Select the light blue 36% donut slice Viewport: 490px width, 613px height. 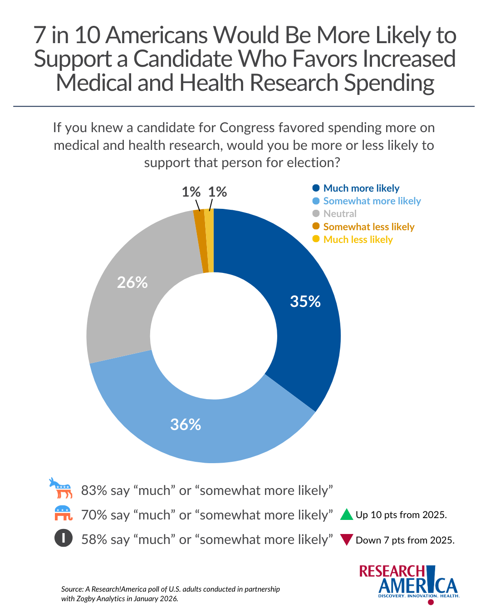(x=204, y=427)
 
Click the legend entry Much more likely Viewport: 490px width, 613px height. (x=361, y=188)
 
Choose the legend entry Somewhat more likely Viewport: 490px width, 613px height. (x=372, y=201)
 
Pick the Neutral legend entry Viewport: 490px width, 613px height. (x=339, y=213)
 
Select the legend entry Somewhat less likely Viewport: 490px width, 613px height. (x=368, y=227)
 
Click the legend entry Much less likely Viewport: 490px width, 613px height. (x=358, y=239)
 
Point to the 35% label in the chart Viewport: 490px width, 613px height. (x=305, y=302)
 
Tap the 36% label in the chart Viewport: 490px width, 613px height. (x=186, y=425)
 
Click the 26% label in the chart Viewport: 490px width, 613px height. (x=132, y=282)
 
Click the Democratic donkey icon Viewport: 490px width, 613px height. (x=61, y=489)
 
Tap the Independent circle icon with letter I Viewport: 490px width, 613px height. (x=64, y=539)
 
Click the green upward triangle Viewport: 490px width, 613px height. (x=347, y=514)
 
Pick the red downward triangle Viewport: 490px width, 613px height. (x=347, y=540)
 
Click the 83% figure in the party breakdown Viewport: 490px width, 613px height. (x=94, y=490)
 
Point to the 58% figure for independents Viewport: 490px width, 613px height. (x=94, y=539)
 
